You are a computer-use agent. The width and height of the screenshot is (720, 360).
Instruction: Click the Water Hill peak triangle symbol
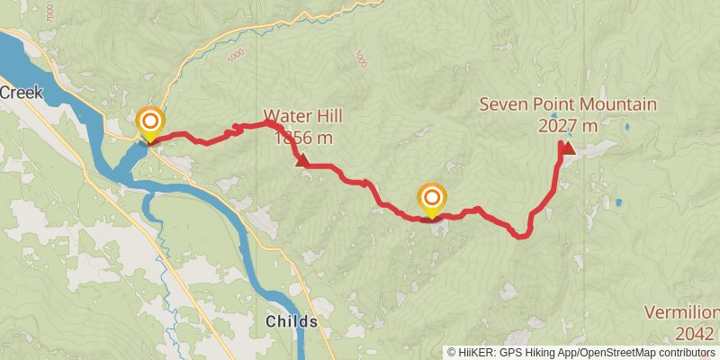point(301,160)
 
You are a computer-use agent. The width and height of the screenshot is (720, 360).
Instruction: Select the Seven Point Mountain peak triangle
point(568,147)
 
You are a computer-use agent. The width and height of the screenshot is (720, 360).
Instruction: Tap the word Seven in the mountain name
point(501,104)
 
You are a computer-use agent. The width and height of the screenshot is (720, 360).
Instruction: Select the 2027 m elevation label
point(568,126)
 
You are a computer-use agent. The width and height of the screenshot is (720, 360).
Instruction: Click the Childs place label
point(291,321)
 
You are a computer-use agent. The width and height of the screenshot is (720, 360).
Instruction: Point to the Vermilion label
point(681,313)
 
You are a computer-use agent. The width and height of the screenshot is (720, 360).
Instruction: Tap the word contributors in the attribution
point(688,352)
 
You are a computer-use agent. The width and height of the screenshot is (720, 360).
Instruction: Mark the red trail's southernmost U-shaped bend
point(520,236)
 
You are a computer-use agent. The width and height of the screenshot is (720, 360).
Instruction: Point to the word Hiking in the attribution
point(547,352)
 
